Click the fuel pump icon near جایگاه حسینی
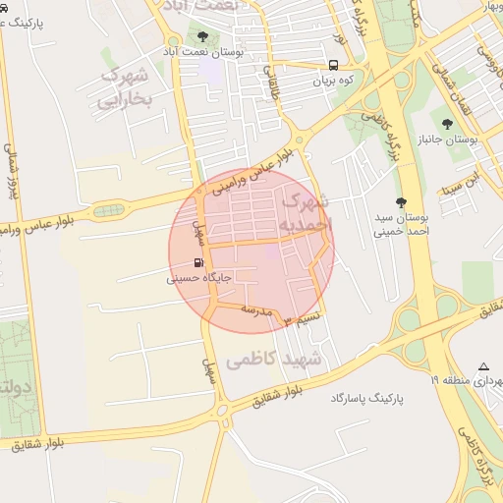tap(199, 263)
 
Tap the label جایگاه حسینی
tap(199, 278)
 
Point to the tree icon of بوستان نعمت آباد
tap(202, 37)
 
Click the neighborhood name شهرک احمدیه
tap(307, 213)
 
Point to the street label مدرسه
tap(256, 310)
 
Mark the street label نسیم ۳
tap(302, 319)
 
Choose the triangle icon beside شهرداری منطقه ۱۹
tap(483, 366)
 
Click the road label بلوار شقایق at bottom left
tap(38, 444)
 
